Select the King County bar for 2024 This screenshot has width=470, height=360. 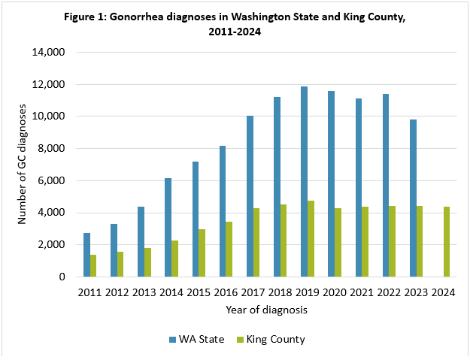[447, 242]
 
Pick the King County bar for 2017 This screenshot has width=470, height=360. [257, 243]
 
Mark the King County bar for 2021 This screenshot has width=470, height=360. [365, 242]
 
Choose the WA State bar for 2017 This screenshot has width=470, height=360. [250, 196]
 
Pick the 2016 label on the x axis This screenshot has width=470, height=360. [226, 292]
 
